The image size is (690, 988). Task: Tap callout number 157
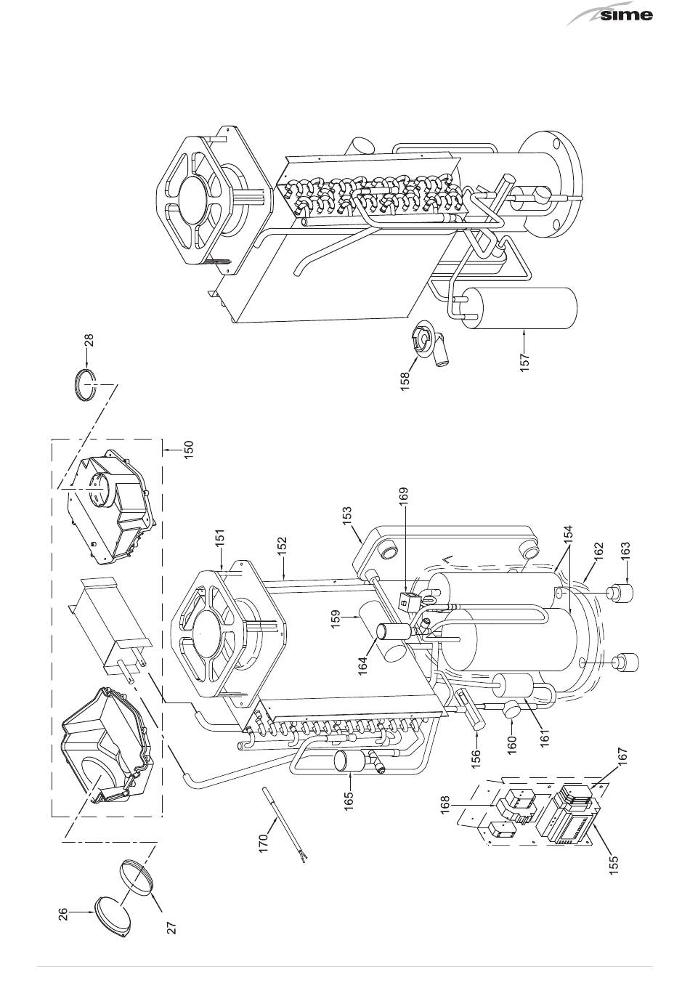[x=524, y=363]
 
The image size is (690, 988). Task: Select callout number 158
[x=405, y=380]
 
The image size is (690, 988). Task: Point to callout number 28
[x=89, y=340]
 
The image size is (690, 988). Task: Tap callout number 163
[x=625, y=551]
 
